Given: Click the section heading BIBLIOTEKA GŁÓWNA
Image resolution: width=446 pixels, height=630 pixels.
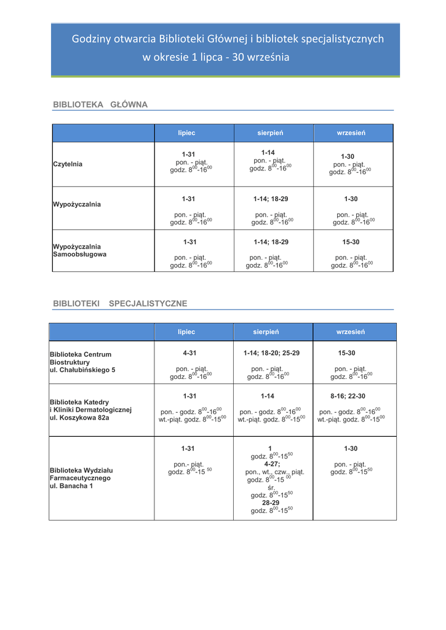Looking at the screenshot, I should [x=100, y=105].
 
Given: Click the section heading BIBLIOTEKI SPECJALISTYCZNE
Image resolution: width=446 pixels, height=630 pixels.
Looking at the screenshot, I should [x=120, y=303].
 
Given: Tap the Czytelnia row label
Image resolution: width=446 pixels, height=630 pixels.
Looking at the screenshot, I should [x=68, y=164].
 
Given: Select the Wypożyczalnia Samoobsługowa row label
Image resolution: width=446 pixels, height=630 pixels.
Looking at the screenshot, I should [x=79, y=250].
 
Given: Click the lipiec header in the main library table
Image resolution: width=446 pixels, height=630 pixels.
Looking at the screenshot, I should [x=186, y=133].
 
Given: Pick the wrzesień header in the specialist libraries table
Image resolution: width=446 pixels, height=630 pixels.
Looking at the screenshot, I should [x=351, y=332].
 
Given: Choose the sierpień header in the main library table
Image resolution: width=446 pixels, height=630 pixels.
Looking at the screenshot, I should [x=270, y=133].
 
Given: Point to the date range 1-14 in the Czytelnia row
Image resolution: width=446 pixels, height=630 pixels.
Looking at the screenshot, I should [x=268, y=153].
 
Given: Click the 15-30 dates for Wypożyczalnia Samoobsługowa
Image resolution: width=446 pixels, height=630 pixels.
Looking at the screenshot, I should [x=352, y=242].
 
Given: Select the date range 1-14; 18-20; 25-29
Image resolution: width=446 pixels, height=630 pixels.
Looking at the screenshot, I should [x=271, y=354].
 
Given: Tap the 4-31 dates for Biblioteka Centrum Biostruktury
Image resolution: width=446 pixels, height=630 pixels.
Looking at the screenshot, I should [x=189, y=354].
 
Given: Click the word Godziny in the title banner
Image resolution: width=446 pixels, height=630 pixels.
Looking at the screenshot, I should [x=92, y=39].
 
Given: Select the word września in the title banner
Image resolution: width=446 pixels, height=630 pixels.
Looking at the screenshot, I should [x=266, y=58].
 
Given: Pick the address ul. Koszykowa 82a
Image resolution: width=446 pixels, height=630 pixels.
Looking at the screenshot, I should [x=79, y=418].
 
